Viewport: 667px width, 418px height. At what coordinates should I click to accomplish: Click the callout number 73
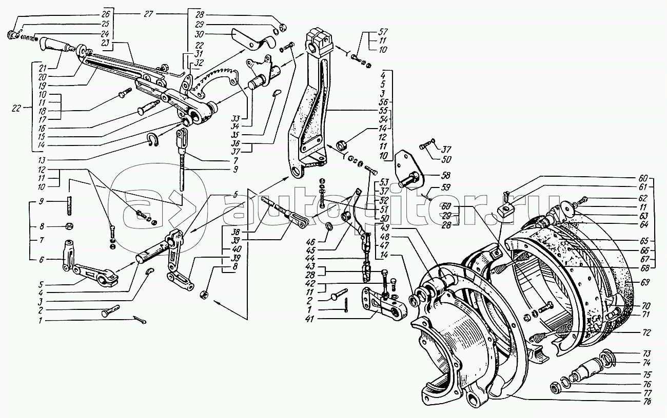[647, 353]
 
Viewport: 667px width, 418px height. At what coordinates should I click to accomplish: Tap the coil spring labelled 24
[33, 37]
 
